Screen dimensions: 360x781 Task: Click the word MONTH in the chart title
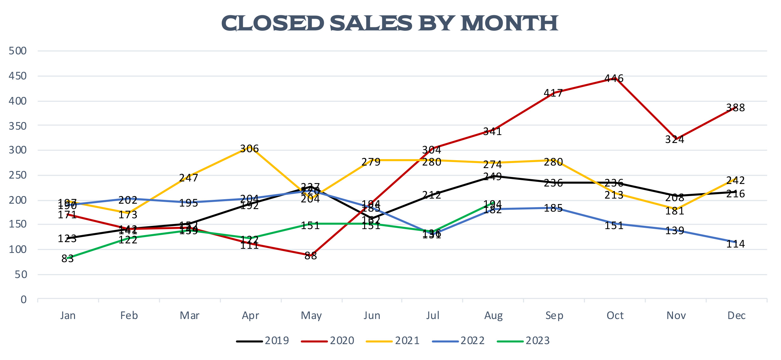(509, 24)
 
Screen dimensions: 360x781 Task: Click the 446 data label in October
(614, 78)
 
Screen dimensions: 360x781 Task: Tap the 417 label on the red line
(553, 93)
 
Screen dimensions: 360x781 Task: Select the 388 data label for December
(736, 108)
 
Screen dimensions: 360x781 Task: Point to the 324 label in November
(675, 139)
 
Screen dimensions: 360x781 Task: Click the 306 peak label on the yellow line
(249, 149)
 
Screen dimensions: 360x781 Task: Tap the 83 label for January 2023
(67, 259)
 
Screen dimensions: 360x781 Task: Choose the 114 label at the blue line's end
(736, 244)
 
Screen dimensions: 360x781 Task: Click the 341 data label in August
(492, 132)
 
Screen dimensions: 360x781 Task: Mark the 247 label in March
(189, 178)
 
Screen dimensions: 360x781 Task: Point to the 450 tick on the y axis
(18, 76)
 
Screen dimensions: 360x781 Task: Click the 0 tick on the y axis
(24, 300)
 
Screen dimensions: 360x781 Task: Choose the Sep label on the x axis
(554, 316)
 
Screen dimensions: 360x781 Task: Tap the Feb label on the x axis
(129, 316)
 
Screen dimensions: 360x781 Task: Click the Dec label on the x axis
(737, 316)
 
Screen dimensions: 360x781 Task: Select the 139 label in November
(675, 231)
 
